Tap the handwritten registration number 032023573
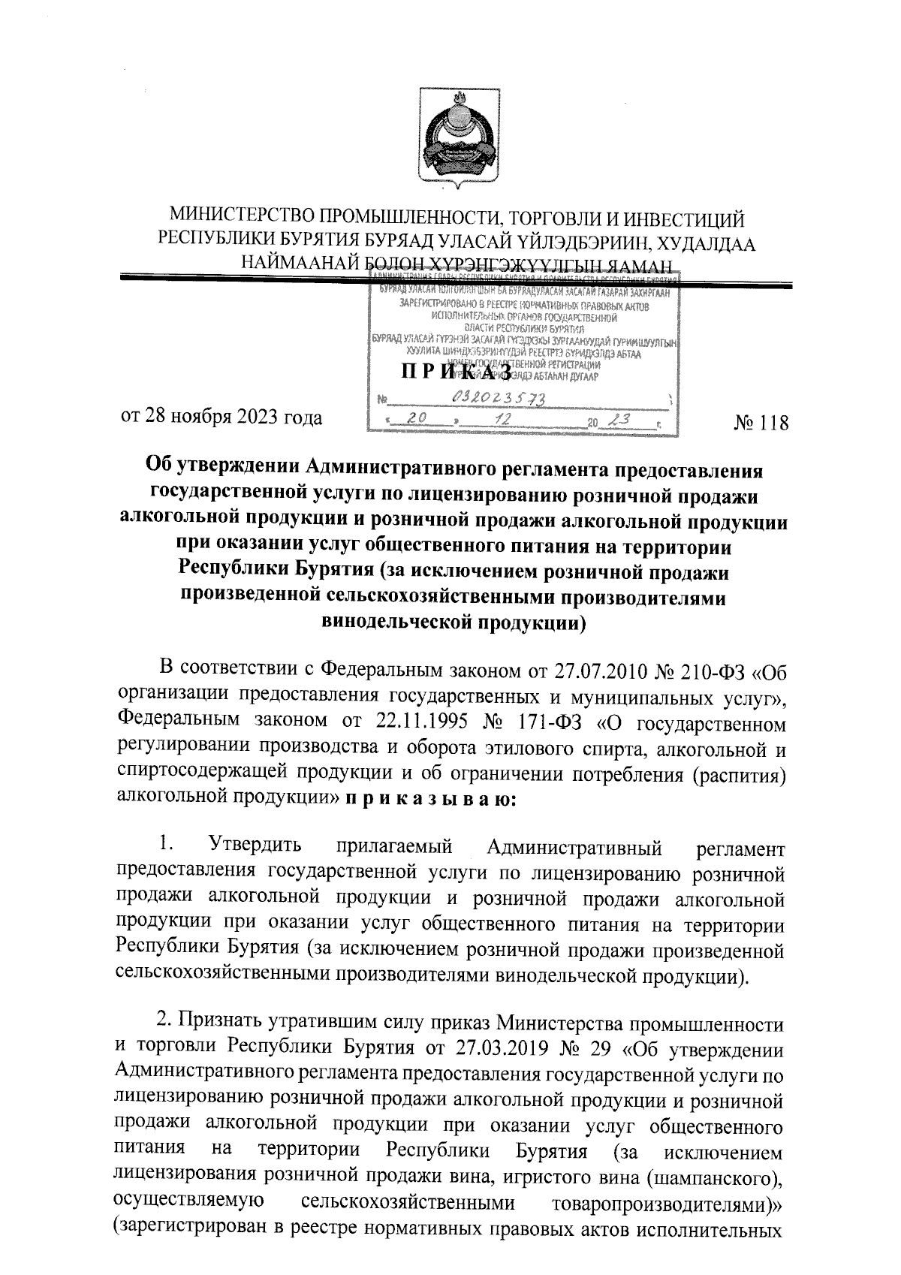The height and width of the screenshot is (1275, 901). [499, 397]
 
